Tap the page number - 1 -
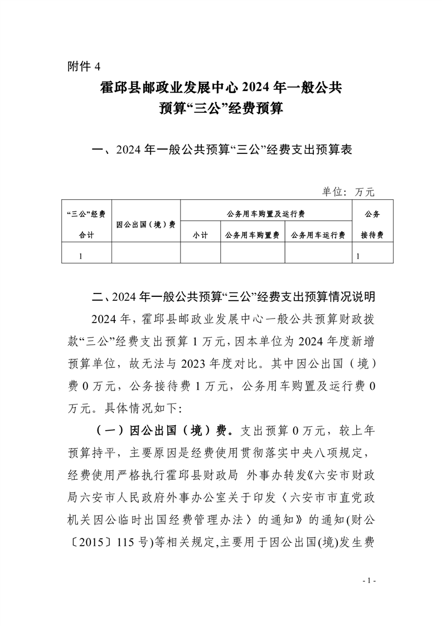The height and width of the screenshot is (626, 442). [x=370, y=581]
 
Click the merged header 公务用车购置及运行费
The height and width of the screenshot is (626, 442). [x=266, y=214]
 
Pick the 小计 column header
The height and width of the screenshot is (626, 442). [x=200, y=235]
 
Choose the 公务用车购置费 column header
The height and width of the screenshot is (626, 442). [x=252, y=235]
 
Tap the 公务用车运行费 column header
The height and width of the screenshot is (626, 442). [x=318, y=235]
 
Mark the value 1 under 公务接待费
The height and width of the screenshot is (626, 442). [x=358, y=256]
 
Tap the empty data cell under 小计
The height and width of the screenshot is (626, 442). [x=200, y=256]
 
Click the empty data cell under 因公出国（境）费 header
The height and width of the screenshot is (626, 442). [x=146, y=256]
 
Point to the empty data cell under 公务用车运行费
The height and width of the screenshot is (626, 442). [x=318, y=256]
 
